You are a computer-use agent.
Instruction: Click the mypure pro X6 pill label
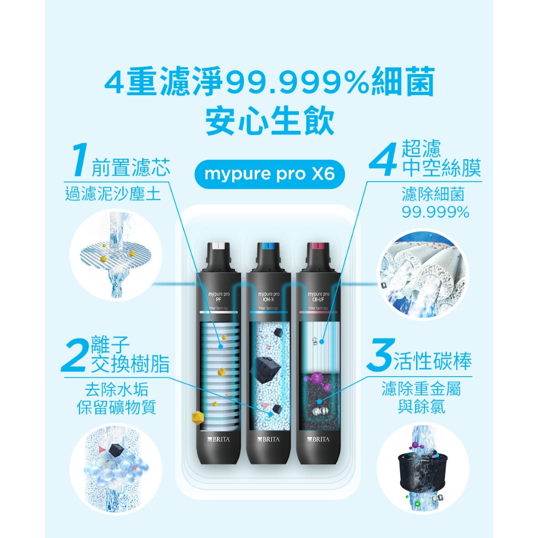pyautogui.click(x=269, y=174)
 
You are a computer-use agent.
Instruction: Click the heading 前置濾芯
pyautogui.click(x=131, y=168)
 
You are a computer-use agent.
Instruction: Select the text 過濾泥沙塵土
pyautogui.click(x=112, y=194)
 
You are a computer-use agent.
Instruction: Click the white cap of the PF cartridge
pyautogui.click(x=218, y=246)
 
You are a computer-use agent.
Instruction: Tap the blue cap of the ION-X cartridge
pyautogui.click(x=269, y=246)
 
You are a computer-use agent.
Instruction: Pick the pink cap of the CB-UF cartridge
pyautogui.click(x=318, y=246)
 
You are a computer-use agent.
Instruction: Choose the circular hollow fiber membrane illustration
pyautogui.click(x=422, y=274)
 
